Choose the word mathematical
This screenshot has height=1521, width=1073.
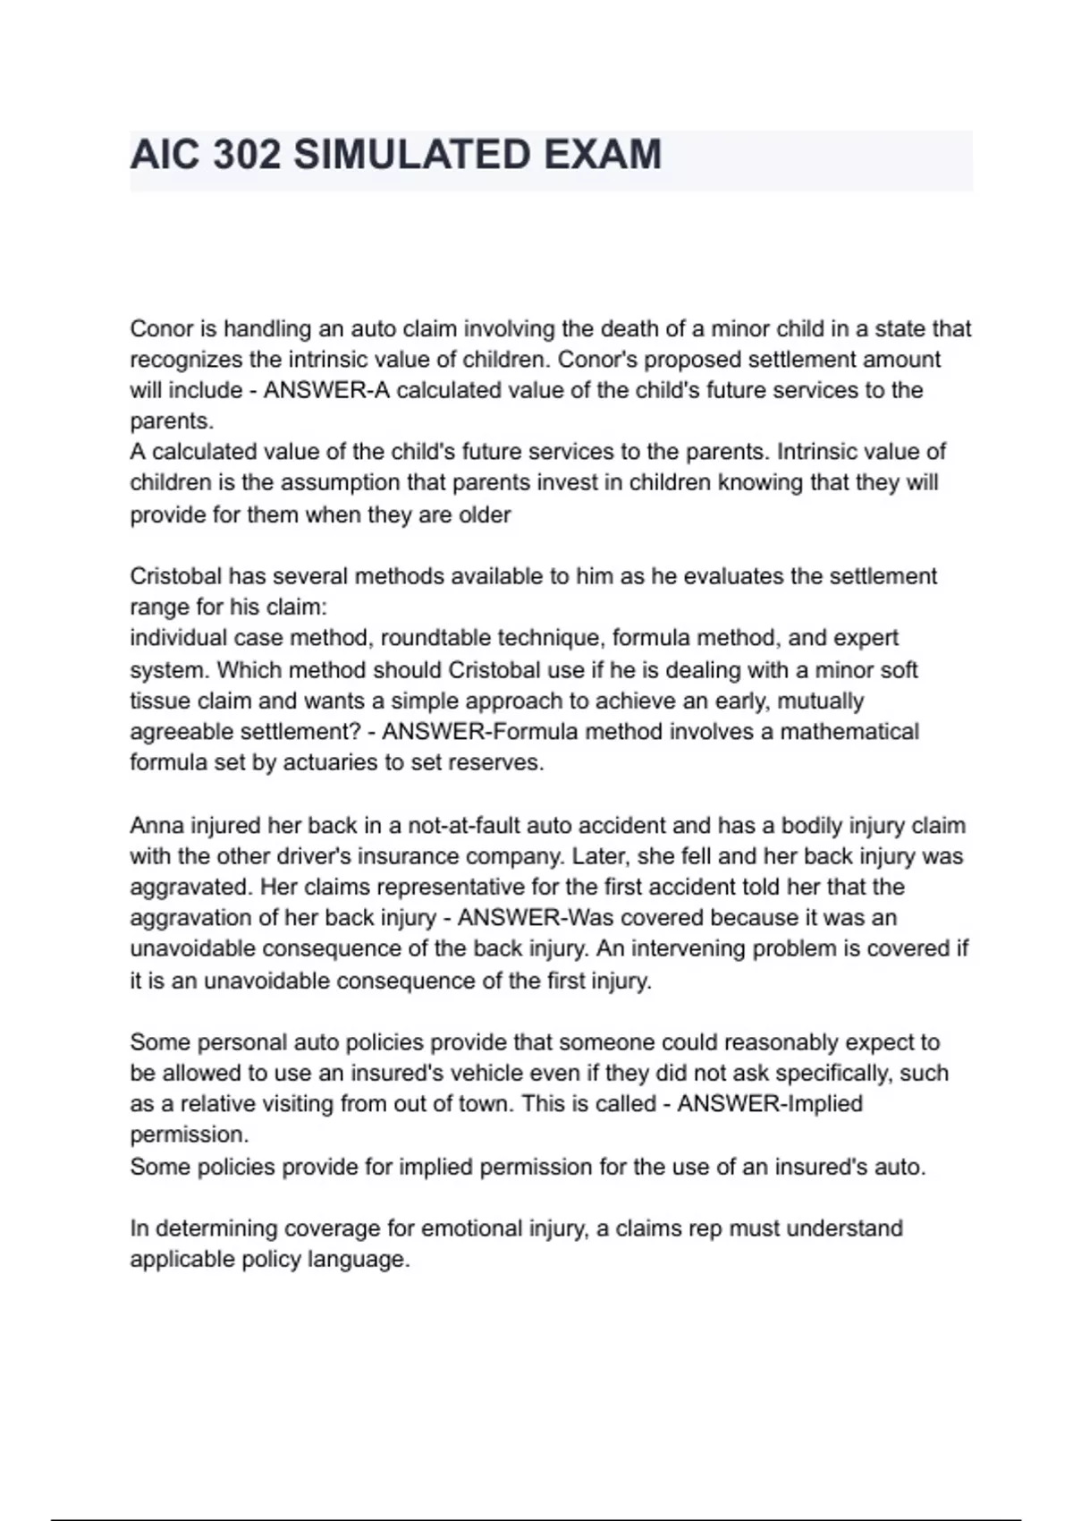[849, 732]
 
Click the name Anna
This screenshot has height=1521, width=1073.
[157, 825]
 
